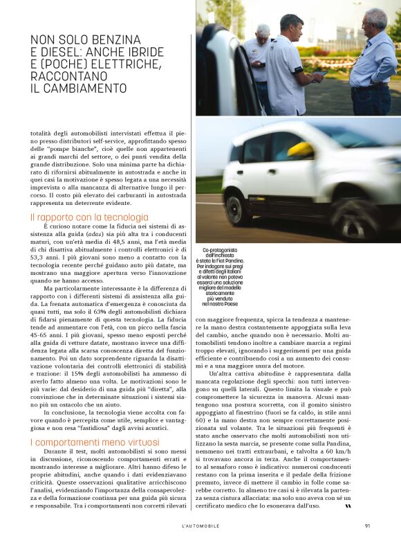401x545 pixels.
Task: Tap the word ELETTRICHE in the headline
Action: pos(127,64)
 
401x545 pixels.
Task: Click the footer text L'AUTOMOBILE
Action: pos(200,526)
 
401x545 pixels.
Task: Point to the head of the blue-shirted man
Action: pos(376,21)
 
